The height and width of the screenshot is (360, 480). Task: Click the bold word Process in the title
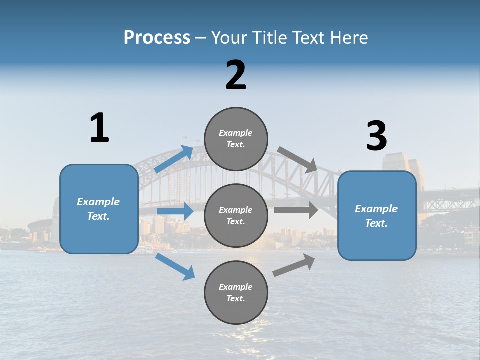pos(157,38)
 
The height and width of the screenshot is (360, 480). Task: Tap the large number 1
pos(99,128)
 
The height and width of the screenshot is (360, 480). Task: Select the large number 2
pos(236,75)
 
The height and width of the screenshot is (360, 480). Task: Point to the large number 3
pos(376,136)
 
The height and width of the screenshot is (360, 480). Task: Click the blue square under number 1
pos(99,209)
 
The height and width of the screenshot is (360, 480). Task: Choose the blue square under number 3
pos(377,215)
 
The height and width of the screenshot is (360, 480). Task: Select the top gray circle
pos(236,139)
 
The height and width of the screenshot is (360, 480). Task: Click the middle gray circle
pos(236,215)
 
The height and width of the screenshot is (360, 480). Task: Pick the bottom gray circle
pos(236,292)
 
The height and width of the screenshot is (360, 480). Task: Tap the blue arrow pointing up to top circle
pos(174,159)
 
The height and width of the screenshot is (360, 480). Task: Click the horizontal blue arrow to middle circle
pos(175,211)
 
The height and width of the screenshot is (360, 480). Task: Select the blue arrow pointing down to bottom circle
pos(175,266)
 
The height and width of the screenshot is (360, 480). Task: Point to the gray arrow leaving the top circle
pos(297,159)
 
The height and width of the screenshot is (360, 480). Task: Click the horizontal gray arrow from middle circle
pos(296,210)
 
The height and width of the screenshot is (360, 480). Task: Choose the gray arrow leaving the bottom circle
pos(294,265)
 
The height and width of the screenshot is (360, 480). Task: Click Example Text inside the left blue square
pos(98,209)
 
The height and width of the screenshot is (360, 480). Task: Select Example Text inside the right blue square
pos(376,216)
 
